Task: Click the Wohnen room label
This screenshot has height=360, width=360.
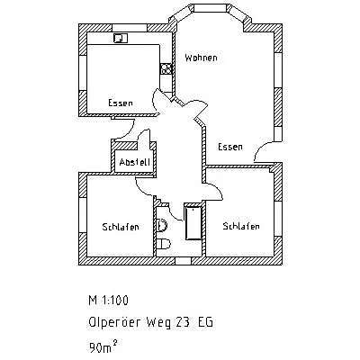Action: pyautogui.click(x=201, y=58)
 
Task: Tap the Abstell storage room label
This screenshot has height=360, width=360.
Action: pyautogui.click(x=134, y=162)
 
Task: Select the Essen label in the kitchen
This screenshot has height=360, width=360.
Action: pyautogui.click(x=121, y=103)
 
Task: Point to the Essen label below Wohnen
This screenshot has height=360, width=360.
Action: pyautogui.click(x=230, y=147)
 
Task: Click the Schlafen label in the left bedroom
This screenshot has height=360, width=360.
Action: pyautogui.click(x=121, y=227)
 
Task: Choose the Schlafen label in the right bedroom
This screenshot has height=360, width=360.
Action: pyautogui.click(x=241, y=226)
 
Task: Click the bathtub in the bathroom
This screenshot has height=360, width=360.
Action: pyautogui.click(x=193, y=222)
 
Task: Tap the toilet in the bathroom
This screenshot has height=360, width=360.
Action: pyautogui.click(x=164, y=243)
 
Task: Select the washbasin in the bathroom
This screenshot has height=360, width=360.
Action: pyautogui.click(x=162, y=225)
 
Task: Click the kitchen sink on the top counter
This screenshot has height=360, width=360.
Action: pyautogui.click(x=121, y=38)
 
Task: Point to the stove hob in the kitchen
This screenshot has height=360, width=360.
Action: pyautogui.click(x=166, y=68)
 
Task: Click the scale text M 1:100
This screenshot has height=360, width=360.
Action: pyautogui.click(x=109, y=301)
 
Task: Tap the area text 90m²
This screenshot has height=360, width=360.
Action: pyautogui.click(x=103, y=347)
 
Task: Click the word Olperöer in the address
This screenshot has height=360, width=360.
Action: pyautogui.click(x=114, y=322)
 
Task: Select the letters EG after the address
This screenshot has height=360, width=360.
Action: pyautogui.click(x=206, y=323)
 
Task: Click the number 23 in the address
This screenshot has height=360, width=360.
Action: pyautogui.click(x=182, y=323)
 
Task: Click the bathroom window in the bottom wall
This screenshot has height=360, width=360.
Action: pyautogui.click(x=183, y=261)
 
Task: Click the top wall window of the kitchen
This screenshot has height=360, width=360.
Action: pyautogui.click(x=130, y=28)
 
